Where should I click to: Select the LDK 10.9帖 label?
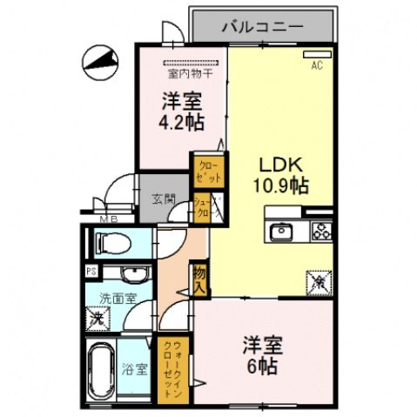tap(279, 174)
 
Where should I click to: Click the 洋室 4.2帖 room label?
tap(181, 111)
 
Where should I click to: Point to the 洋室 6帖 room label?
tap(259, 355)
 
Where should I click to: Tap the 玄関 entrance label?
tap(160, 197)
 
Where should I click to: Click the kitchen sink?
tap(282, 231)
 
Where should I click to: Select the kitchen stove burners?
tap(320, 231)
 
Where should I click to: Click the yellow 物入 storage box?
tap(200, 278)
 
